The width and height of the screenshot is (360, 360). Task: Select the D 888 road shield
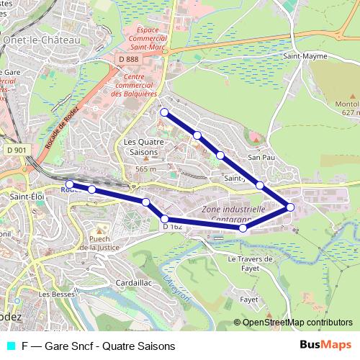click(x=130, y=58)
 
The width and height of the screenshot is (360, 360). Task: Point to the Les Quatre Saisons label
click(x=145, y=147)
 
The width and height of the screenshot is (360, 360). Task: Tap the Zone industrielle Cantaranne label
click(x=234, y=213)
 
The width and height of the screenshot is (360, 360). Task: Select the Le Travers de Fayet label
click(x=251, y=264)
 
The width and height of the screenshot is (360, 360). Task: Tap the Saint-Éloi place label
click(x=24, y=195)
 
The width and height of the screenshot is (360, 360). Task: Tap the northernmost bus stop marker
click(x=164, y=112)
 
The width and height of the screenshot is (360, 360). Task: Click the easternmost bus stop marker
click(x=290, y=207)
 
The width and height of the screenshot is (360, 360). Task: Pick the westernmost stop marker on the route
click(x=69, y=184)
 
